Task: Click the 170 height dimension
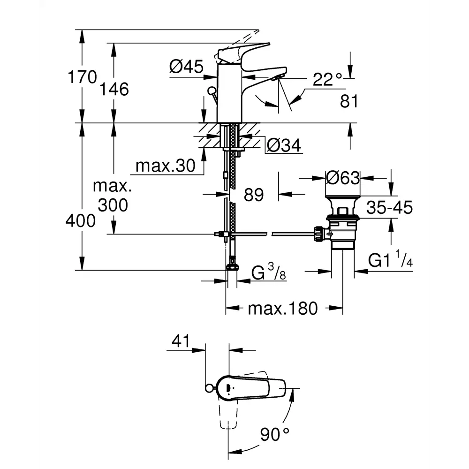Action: point(82,77)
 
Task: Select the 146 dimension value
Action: point(114,89)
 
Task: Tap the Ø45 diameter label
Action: point(186,67)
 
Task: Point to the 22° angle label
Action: point(327,79)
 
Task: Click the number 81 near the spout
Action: point(349,101)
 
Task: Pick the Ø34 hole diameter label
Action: point(284,145)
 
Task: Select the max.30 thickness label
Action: point(166,166)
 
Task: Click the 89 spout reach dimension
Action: point(254,195)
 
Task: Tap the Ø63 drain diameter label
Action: point(343,178)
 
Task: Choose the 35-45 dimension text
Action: point(389,207)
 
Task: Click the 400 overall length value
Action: point(81,221)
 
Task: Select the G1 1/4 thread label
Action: point(390,259)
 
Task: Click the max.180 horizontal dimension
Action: point(283,309)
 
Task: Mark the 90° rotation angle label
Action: point(274,434)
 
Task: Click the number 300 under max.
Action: point(113,205)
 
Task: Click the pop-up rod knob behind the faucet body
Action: point(212,91)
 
